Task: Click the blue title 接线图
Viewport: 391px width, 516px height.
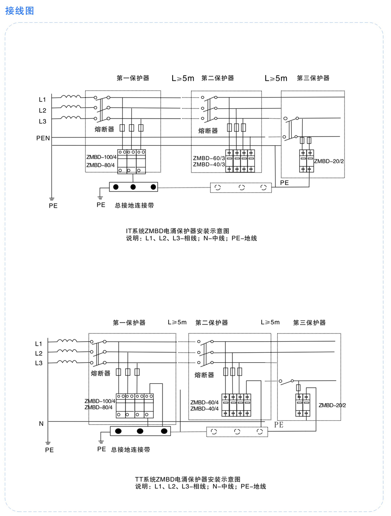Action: [19, 11]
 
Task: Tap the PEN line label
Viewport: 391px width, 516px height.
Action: [43, 138]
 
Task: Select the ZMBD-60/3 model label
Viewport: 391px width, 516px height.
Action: [209, 158]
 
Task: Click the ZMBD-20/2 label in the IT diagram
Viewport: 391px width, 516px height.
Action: [329, 161]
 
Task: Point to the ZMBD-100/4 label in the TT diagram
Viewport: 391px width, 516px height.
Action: [100, 401]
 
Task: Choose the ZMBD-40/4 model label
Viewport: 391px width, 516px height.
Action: [204, 409]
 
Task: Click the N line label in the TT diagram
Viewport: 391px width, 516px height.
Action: [41, 424]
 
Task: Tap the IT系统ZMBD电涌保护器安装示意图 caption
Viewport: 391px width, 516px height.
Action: [177, 231]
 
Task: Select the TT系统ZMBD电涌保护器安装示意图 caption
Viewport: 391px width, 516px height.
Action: [188, 479]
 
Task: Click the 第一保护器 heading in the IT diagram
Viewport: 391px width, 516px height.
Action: [133, 78]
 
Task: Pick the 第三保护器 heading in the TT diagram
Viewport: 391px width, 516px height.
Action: [309, 322]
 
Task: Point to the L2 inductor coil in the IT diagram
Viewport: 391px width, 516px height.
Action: [71, 107]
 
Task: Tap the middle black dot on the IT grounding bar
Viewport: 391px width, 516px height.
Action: [133, 187]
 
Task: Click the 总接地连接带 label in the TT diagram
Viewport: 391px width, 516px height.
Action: [130, 450]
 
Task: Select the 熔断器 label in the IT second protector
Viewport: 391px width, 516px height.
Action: [208, 130]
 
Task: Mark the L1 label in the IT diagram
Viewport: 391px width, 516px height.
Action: [43, 99]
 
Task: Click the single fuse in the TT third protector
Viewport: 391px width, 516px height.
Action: [298, 387]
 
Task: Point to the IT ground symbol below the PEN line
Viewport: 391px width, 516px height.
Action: [52, 199]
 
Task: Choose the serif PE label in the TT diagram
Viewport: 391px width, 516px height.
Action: [279, 425]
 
